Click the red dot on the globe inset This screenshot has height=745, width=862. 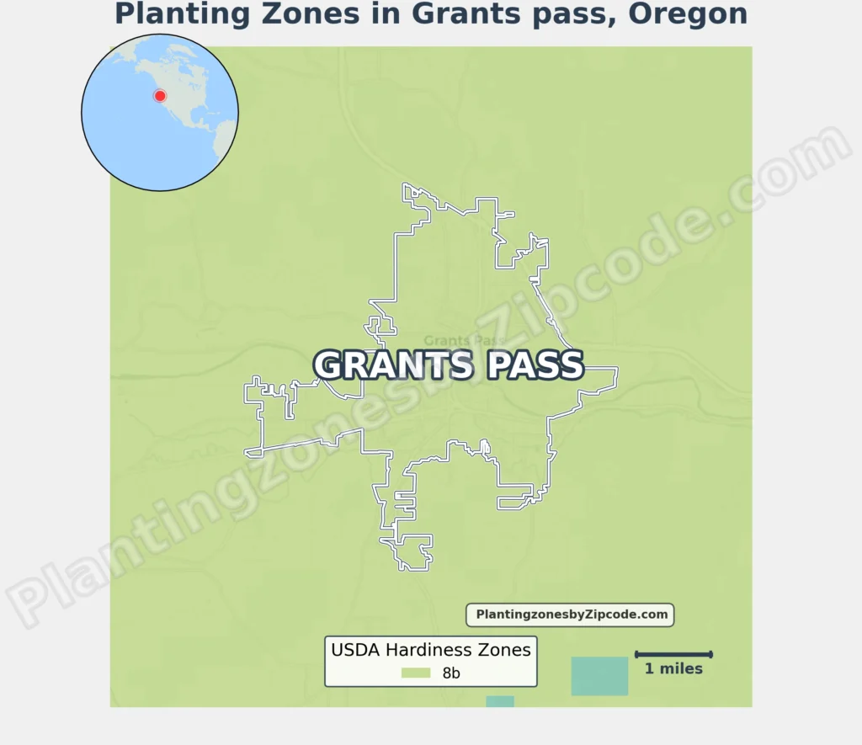tap(160, 96)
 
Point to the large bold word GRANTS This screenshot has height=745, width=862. tap(393, 365)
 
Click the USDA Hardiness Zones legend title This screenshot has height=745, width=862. tap(431, 650)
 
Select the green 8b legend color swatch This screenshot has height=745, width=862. tap(416, 673)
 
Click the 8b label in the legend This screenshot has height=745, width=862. tap(451, 673)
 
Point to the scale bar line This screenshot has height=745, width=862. tap(673, 654)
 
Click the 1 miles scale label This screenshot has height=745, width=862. tap(673, 669)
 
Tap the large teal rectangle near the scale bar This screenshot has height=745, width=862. tap(599, 676)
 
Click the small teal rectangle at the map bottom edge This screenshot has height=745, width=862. tap(500, 701)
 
